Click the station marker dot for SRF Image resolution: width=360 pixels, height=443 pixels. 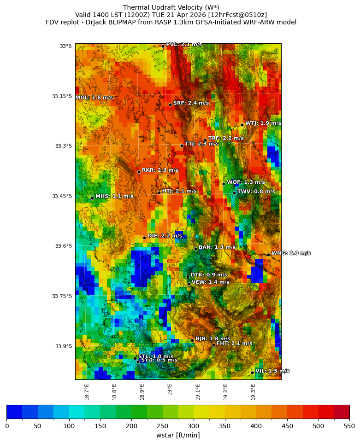170,105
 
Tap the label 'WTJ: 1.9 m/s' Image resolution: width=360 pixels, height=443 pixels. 263,123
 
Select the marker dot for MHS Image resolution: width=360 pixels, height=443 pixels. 92,198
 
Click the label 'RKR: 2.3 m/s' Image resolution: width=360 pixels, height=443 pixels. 160,170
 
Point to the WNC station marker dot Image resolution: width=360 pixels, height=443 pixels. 268,255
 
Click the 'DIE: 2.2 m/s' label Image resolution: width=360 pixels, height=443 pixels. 165,236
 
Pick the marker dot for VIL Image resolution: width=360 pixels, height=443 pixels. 253,373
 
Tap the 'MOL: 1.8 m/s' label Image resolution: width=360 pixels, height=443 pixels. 94,98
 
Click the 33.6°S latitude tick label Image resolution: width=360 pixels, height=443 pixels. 64,246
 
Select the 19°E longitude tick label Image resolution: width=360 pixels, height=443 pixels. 170,390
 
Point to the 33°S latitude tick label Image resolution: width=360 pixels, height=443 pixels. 65,46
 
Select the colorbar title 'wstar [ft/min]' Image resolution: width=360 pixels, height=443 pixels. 178,435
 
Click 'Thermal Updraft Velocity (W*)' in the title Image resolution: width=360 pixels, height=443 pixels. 171,7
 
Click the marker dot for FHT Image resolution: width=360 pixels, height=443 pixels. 213,345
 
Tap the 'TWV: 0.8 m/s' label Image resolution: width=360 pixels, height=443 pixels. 256,192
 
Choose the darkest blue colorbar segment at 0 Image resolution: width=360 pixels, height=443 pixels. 14,412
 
